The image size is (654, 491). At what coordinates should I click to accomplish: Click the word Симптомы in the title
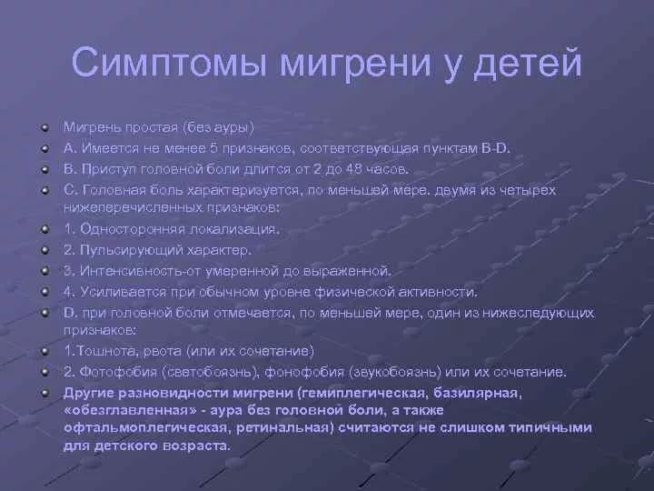(169, 63)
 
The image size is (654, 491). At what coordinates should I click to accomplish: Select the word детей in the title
(527, 64)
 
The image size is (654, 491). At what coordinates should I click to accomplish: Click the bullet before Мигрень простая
(45, 127)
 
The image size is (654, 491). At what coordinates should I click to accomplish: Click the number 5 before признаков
(214, 148)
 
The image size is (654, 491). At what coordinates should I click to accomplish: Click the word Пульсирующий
(132, 250)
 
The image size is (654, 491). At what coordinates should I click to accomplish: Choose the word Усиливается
(123, 292)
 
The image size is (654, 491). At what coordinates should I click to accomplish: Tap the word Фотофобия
(118, 372)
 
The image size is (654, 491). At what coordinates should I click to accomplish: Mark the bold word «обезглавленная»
(131, 410)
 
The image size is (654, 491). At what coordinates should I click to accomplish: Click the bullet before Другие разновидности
(45, 393)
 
